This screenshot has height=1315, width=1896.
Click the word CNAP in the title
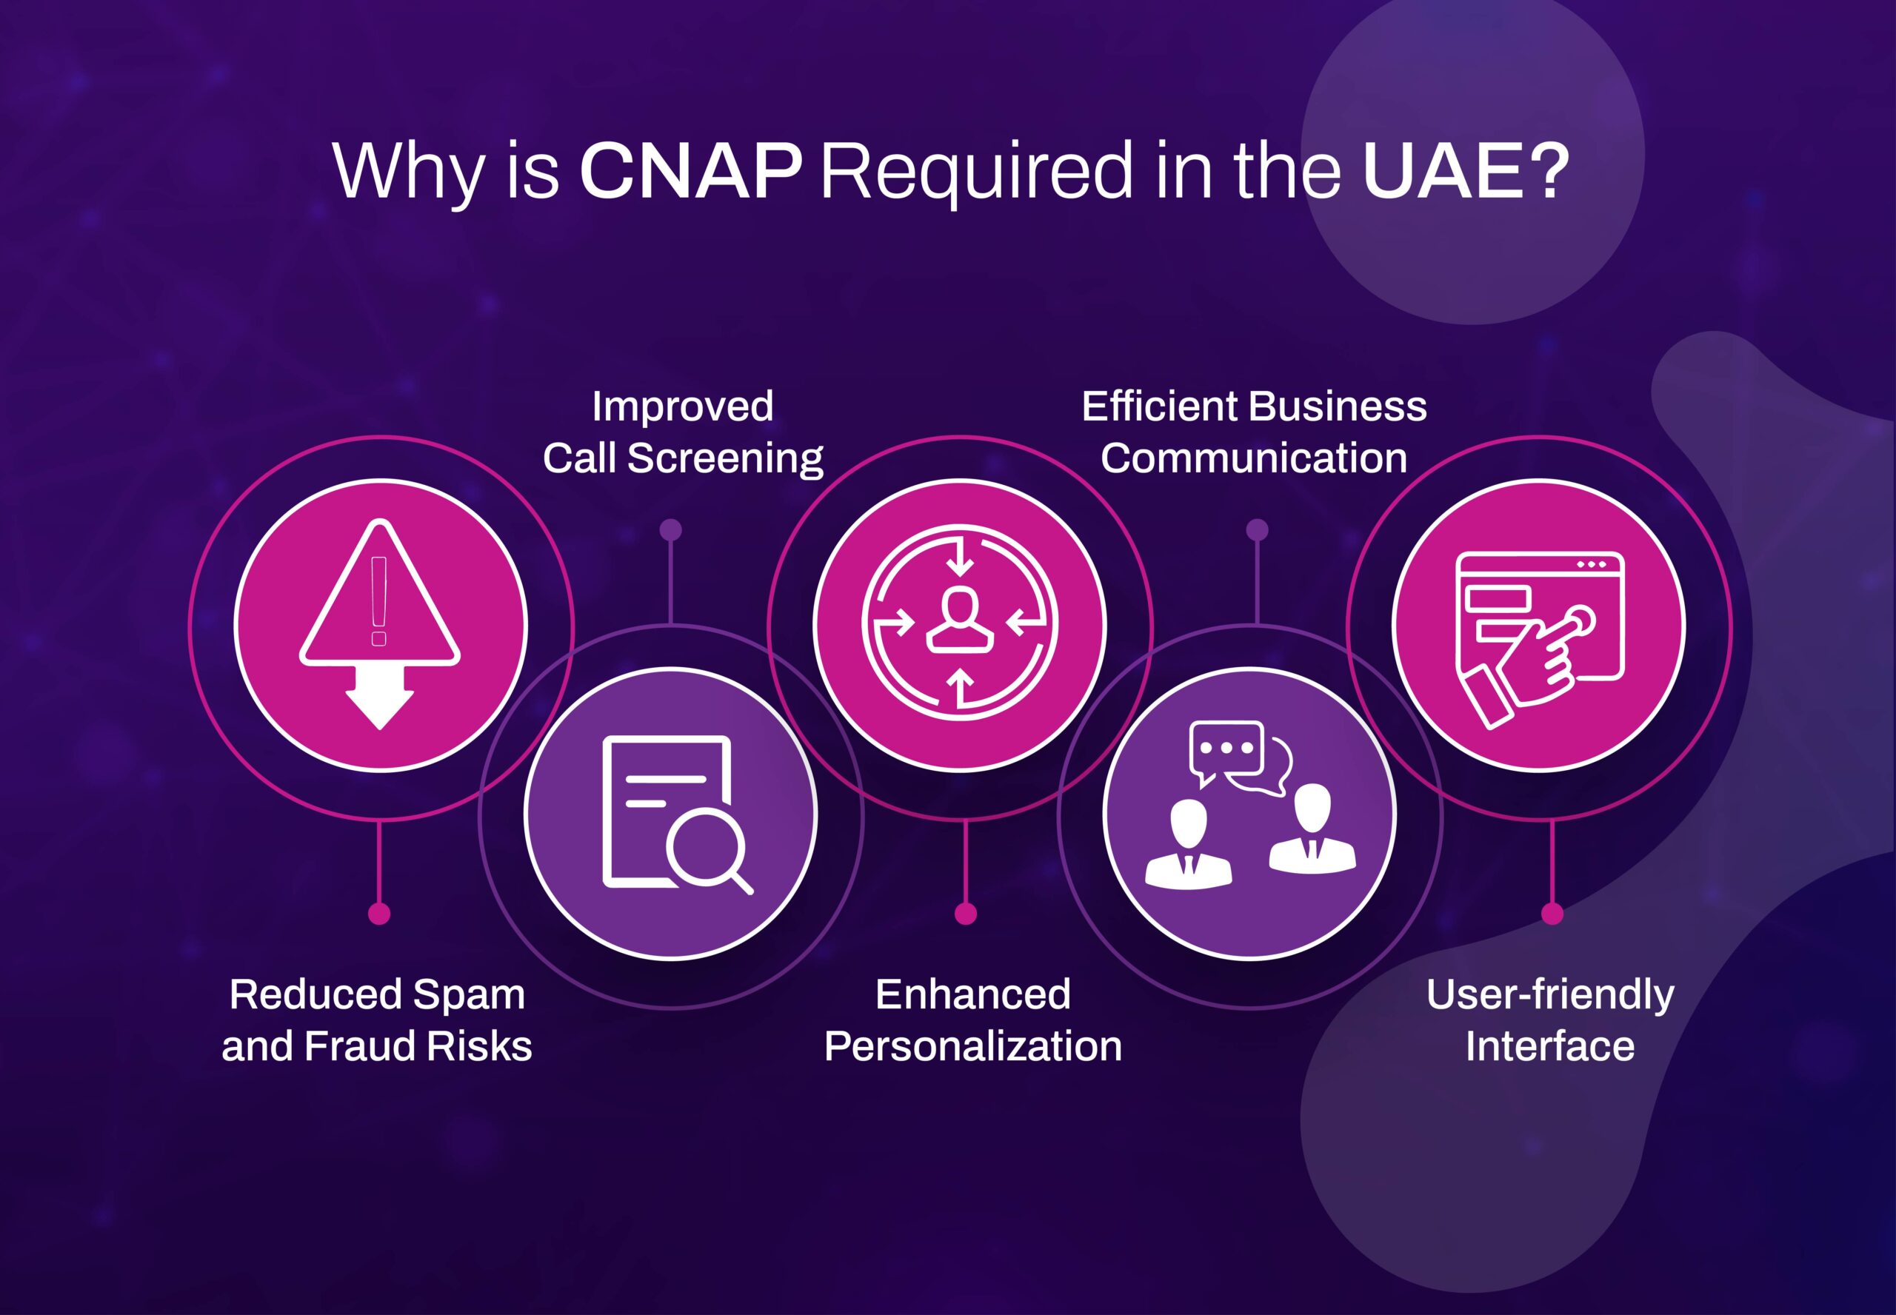click(x=690, y=170)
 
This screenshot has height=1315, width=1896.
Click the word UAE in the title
click(x=1443, y=170)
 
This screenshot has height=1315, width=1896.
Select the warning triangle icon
click(x=379, y=592)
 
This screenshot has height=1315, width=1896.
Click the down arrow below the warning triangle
click(x=379, y=697)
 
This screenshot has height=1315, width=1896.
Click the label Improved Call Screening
click(x=682, y=432)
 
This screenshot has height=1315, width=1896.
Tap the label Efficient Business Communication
click(x=1254, y=432)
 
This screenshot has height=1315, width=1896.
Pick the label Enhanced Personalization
click(x=973, y=1020)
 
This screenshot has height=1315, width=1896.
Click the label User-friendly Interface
click(x=1550, y=1020)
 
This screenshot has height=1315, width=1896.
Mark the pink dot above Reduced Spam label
click(x=379, y=914)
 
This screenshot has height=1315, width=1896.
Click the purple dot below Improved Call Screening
click(x=671, y=529)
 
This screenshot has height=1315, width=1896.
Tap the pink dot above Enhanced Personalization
click(x=966, y=914)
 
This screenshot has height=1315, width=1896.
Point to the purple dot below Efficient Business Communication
click(x=1257, y=529)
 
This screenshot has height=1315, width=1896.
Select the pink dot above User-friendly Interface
click(x=1552, y=914)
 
